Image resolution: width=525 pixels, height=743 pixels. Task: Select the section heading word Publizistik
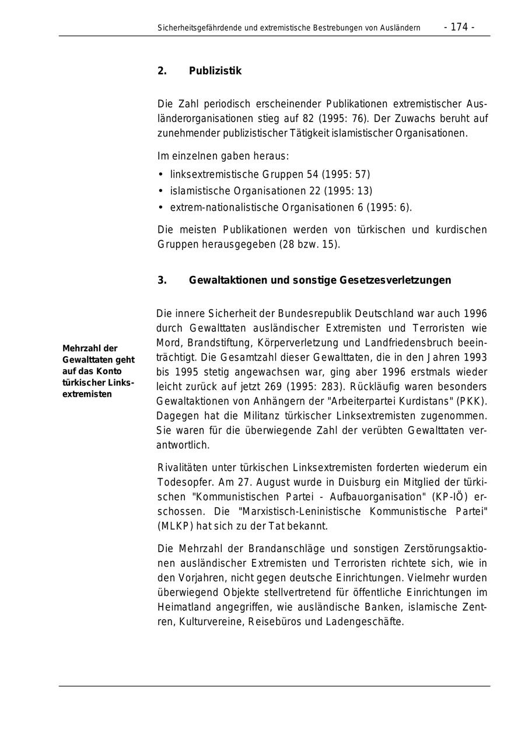click(215, 71)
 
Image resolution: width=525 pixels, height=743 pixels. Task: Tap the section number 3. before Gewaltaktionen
click(162, 280)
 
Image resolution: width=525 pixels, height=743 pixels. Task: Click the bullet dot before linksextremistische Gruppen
click(160, 175)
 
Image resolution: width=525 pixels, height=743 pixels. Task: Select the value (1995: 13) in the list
click(348, 191)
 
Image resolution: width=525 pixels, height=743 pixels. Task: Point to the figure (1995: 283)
click(324, 386)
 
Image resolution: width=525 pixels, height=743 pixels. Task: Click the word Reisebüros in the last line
click(275, 622)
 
